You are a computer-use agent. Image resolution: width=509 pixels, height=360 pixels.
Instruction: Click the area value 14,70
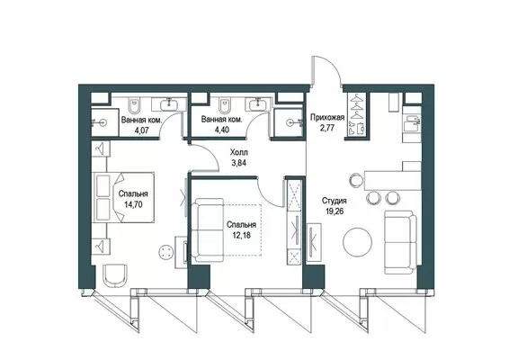pos(133,204)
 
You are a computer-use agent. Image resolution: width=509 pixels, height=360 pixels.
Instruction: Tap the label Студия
pos(334,201)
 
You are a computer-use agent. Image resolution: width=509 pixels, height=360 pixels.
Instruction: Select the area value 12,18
pos(242,235)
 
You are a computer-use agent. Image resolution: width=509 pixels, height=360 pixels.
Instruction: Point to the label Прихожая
pos(327,117)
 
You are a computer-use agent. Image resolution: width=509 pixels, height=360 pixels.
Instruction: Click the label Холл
pos(238,152)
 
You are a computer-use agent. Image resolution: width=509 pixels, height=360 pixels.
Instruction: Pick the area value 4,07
pos(141,130)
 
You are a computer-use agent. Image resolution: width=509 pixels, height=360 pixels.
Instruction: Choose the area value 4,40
pos(222,130)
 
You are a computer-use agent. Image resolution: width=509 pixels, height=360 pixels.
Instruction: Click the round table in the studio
pos(357,242)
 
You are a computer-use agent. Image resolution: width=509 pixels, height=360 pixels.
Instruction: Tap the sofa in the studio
pos(400,242)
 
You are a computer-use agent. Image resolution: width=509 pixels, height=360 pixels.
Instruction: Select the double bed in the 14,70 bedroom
pos(124,197)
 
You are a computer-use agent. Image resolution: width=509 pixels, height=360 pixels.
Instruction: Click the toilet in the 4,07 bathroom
pos(134,105)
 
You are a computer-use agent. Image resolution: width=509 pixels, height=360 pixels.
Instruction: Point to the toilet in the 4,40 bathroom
pos(224,105)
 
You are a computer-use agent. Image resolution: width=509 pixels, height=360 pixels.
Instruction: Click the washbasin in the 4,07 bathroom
pos(168,104)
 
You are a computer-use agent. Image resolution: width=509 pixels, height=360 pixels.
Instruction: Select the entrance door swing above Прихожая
pos(326,70)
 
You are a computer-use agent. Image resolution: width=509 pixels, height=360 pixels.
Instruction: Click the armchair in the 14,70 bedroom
pos(115,275)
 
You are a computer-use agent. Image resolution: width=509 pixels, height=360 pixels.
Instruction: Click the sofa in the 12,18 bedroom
pos(208,230)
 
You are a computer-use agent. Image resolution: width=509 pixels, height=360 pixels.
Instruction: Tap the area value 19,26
pos(335,211)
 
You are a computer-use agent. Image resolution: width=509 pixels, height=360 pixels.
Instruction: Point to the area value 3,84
pos(238,163)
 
